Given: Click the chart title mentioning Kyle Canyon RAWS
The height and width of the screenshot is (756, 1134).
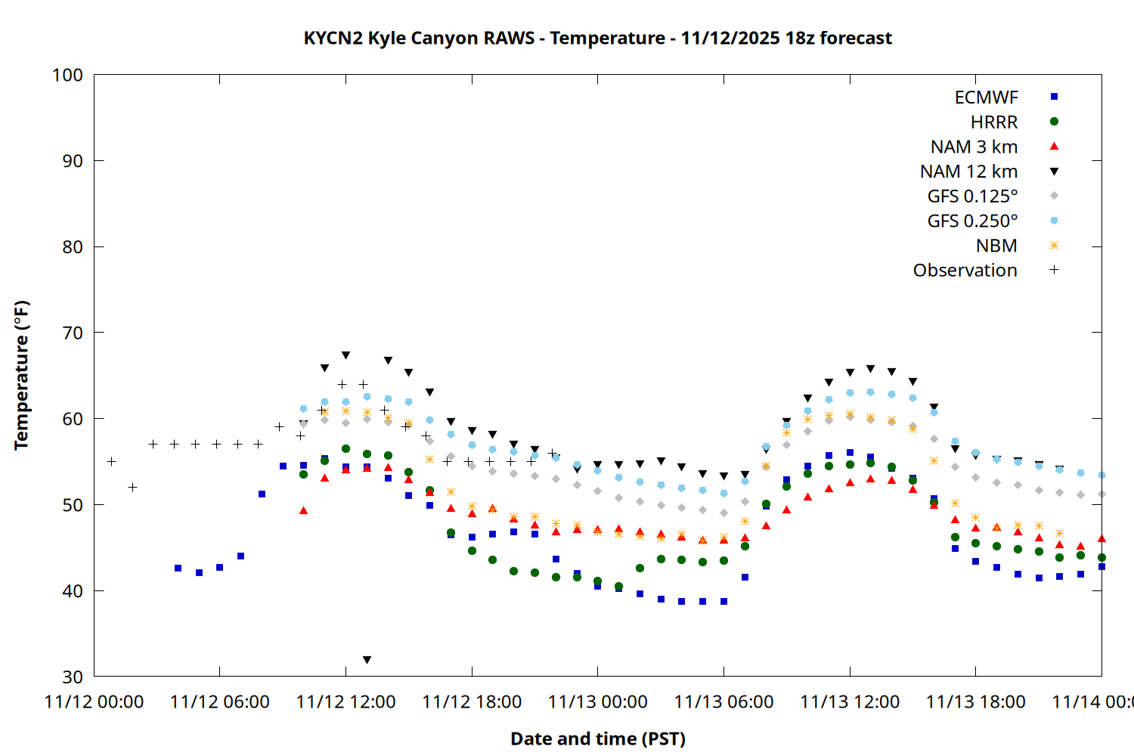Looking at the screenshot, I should [597, 38].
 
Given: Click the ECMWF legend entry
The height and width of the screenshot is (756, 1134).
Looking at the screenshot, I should [986, 98].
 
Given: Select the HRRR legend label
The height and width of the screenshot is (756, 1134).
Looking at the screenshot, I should [993, 122].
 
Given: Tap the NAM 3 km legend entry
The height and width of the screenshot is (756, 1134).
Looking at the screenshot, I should [974, 147].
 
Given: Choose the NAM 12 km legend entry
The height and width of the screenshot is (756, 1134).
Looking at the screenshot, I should [968, 172].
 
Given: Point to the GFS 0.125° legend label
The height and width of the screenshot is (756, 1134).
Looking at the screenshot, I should [972, 197].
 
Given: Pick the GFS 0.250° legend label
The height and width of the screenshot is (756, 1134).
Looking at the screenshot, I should [972, 221].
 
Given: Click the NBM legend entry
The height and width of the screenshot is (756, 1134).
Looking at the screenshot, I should [996, 246].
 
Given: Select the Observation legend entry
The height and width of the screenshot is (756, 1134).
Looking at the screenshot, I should [965, 271].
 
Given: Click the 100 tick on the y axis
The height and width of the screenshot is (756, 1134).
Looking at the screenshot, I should [67, 75].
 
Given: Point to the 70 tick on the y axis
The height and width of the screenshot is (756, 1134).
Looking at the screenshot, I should [72, 333].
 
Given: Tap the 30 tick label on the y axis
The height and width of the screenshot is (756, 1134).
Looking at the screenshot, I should [72, 677].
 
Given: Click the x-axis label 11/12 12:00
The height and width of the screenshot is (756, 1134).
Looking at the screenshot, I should [345, 702].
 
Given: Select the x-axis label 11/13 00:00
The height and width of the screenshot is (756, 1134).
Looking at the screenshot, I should [597, 702].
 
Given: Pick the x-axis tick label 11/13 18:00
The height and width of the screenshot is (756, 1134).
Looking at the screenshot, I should [975, 702].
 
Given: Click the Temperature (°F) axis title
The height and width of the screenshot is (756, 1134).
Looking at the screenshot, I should [21, 375].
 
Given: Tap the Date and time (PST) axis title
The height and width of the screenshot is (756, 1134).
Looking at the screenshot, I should [597, 739].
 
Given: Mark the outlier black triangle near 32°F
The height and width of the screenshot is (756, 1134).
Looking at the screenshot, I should [367, 660].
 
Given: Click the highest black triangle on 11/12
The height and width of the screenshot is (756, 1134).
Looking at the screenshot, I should [345, 355].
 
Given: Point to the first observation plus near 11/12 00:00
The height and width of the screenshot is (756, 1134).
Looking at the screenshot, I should [112, 461].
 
